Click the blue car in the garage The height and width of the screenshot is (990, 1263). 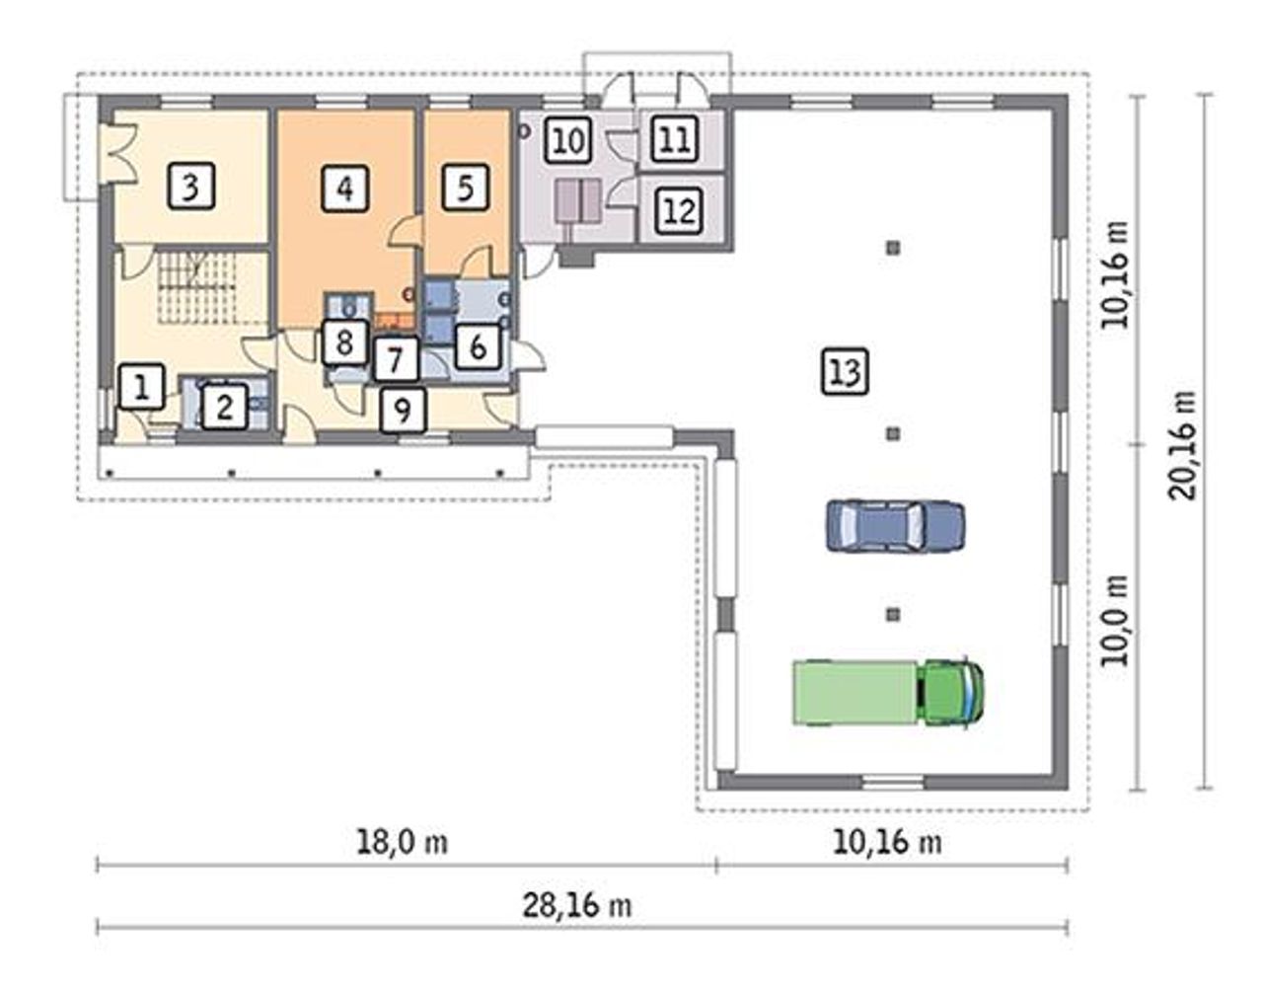(895, 526)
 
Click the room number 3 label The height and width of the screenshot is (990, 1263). (191, 186)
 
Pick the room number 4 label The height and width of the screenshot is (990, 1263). (345, 189)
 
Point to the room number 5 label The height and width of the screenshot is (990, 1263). (465, 188)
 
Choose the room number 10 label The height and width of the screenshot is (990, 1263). (568, 140)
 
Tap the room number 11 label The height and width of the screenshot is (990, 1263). (674, 138)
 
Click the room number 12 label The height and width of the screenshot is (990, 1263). (678, 210)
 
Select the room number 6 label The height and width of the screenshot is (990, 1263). (478, 347)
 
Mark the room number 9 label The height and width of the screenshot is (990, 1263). (403, 411)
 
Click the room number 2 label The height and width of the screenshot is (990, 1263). (224, 407)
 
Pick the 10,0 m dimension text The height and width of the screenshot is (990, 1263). (1114, 620)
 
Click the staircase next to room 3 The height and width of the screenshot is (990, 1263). (197, 286)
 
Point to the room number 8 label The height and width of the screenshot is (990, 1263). (344, 343)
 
